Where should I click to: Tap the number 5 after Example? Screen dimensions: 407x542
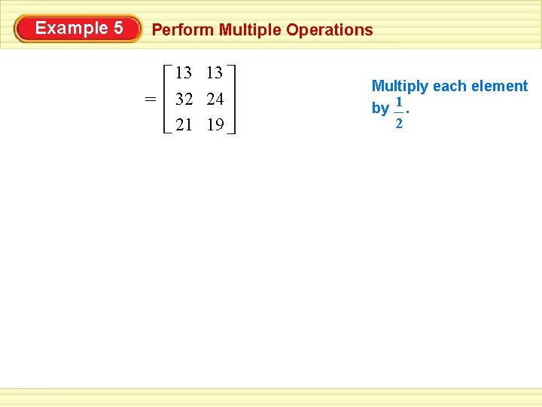[118, 29]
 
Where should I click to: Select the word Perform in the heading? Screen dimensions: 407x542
[183, 30]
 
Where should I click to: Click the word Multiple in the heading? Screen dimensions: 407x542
[251, 30]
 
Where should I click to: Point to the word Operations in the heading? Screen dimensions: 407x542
[330, 30]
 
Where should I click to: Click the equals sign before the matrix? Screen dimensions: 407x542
[151, 99]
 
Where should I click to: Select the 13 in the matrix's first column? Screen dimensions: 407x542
[184, 73]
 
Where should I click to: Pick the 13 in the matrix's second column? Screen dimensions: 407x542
[215, 73]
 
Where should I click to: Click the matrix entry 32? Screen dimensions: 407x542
[184, 99]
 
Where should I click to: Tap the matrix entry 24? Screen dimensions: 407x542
[215, 99]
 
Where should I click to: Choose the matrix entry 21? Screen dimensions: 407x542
[184, 124]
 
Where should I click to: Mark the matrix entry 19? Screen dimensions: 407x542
[215, 124]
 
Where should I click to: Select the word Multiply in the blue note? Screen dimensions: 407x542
[400, 87]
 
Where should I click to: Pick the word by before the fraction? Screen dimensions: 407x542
[380, 109]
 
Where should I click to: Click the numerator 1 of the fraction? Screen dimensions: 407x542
[399, 102]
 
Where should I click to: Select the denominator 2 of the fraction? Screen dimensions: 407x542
[399, 123]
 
